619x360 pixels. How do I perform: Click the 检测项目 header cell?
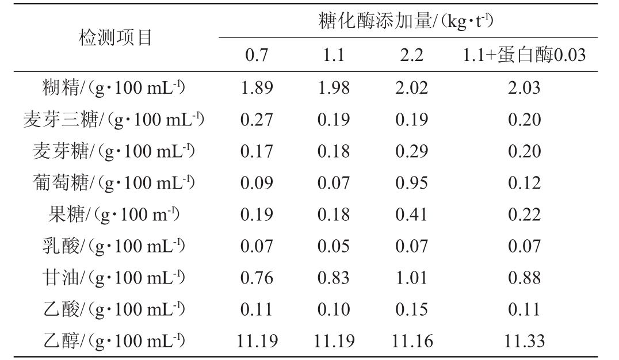point(115,38)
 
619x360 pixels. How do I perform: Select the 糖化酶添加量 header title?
point(406,22)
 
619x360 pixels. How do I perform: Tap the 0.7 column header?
point(257,56)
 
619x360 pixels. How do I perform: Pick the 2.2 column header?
point(411,56)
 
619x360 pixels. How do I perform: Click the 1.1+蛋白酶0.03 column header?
point(524,56)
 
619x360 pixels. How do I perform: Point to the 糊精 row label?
point(115,88)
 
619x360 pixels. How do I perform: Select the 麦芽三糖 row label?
point(115,120)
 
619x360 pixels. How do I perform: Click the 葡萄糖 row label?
point(115,183)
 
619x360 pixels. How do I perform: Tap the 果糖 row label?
point(115,215)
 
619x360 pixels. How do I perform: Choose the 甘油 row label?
point(115,278)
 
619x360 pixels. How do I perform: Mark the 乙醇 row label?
point(115,341)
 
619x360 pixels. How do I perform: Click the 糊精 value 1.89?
point(257,88)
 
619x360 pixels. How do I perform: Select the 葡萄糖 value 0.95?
point(411,183)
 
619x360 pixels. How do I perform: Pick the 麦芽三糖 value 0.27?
point(257,120)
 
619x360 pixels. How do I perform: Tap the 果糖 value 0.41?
point(411,215)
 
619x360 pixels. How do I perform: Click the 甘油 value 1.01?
point(411,278)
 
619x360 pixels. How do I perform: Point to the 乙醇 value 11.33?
point(524,341)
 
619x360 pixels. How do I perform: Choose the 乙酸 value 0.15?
point(411,309)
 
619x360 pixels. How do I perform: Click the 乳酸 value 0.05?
point(334,246)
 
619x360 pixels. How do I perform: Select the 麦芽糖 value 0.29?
point(411,151)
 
